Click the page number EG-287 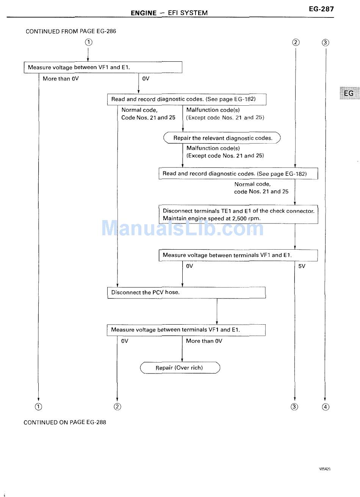pos(321,9)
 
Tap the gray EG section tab pos(349,93)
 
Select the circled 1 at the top pos(89,42)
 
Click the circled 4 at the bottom pos(326,407)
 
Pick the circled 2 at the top pos(296,42)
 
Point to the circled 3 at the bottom pos(294,407)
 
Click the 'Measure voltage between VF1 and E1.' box pos(103,67)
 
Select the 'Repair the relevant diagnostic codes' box pos(222,138)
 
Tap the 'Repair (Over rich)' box pos(180,368)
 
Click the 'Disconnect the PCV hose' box pos(186,292)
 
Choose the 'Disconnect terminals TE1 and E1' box pos(238,214)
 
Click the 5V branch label pos(302,266)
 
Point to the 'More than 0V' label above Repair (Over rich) pos(204,341)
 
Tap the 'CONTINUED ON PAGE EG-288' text pos(65,422)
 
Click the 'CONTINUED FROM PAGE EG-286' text pos(71,31)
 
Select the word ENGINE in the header pos(144,13)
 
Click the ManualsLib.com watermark pos(182,228)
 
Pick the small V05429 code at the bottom pos(325,469)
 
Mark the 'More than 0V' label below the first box pos(61,78)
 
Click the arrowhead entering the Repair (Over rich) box pos(182,360)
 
